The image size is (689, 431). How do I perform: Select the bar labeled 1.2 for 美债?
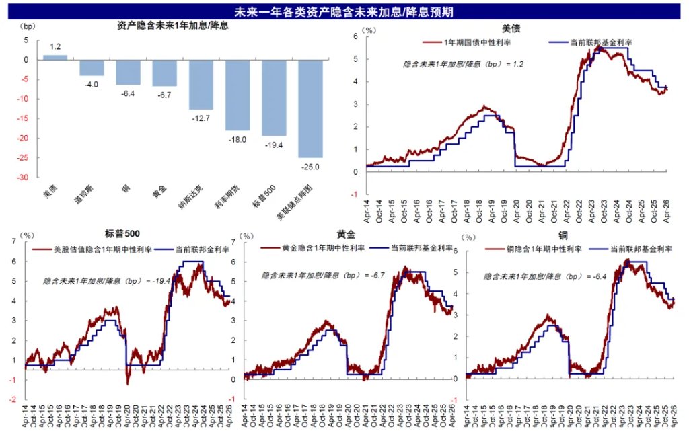click(55, 58)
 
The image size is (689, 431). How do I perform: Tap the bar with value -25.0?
click(310, 108)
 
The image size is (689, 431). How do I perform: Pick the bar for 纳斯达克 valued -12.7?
click(201, 85)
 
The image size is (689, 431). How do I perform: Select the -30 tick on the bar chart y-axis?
click(22, 178)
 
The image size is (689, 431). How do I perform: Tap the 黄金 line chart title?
click(346, 235)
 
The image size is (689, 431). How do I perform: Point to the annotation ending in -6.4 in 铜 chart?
click(539, 276)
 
